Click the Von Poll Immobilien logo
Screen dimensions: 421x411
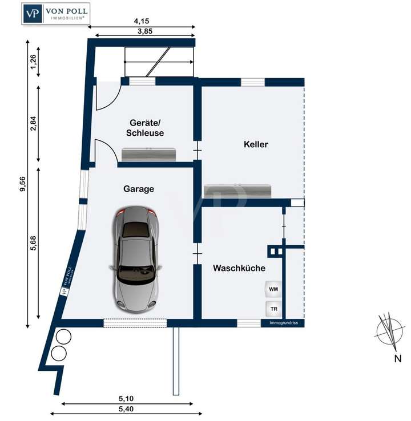[x=55, y=13]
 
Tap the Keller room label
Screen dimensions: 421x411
[x=256, y=144]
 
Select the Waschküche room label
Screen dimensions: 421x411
[x=239, y=268]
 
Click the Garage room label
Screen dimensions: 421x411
[x=139, y=189]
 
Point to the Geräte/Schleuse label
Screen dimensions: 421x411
[x=147, y=127]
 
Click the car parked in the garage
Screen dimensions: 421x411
[x=137, y=260]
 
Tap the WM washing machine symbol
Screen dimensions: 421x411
[x=274, y=290]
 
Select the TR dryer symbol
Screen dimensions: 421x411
[x=274, y=309]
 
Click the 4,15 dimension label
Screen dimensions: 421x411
[x=142, y=22]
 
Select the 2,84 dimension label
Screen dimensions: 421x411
[x=34, y=124]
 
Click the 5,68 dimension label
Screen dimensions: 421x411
[x=34, y=242]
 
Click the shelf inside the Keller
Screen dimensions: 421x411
[x=238, y=191]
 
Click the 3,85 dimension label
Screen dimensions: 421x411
[x=142, y=32]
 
